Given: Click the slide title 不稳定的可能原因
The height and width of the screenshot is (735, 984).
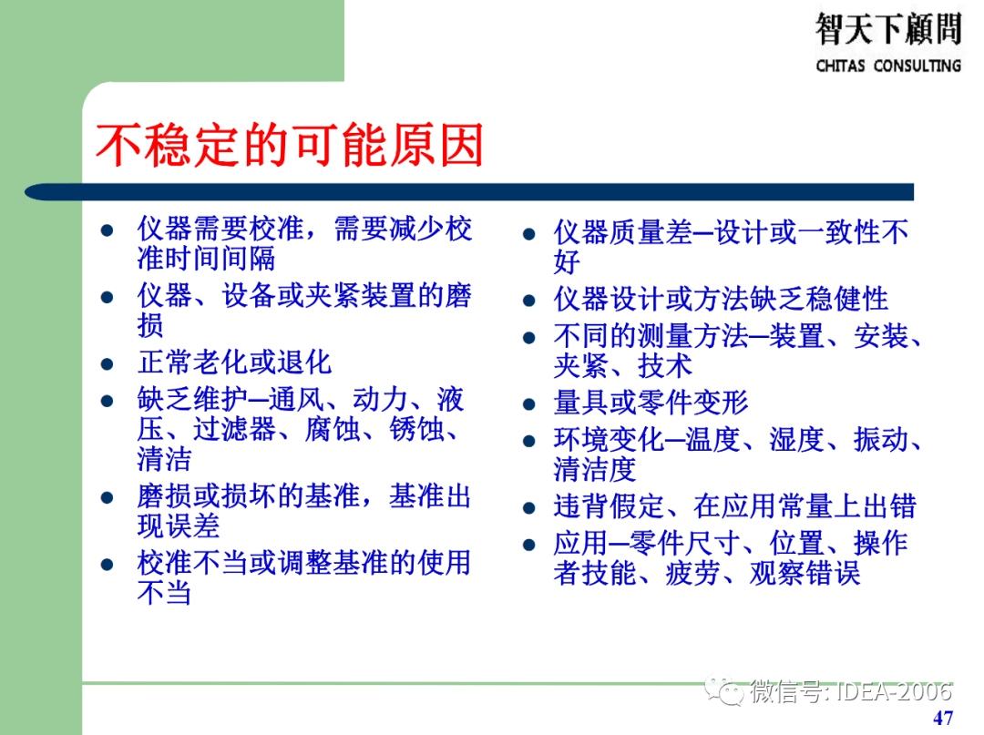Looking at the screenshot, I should click(x=290, y=146).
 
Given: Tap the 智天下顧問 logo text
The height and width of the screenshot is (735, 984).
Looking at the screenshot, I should click(x=888, y=29).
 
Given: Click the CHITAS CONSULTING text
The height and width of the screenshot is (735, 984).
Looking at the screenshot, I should click(x=888, y=66).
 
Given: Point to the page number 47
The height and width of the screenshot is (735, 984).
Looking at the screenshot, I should click(x=943, y=718).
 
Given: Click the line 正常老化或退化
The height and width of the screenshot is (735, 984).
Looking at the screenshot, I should click(x=234, y=362).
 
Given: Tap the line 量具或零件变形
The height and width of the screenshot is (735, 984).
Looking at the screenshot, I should click(x=651, y=403).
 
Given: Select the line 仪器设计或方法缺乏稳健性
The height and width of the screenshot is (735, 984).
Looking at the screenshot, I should click(x=720, y=299).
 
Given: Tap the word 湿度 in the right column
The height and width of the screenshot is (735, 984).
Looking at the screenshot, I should click(x=796, y=440).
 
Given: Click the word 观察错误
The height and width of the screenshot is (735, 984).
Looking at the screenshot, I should click(x=805, y=574).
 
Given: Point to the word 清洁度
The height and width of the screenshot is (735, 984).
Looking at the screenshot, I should click(x=594, y=470).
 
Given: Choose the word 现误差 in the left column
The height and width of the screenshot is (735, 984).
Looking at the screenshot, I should click(x=179, y=526).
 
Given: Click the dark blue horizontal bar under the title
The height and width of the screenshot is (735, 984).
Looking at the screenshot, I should click(x=469, y=192).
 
